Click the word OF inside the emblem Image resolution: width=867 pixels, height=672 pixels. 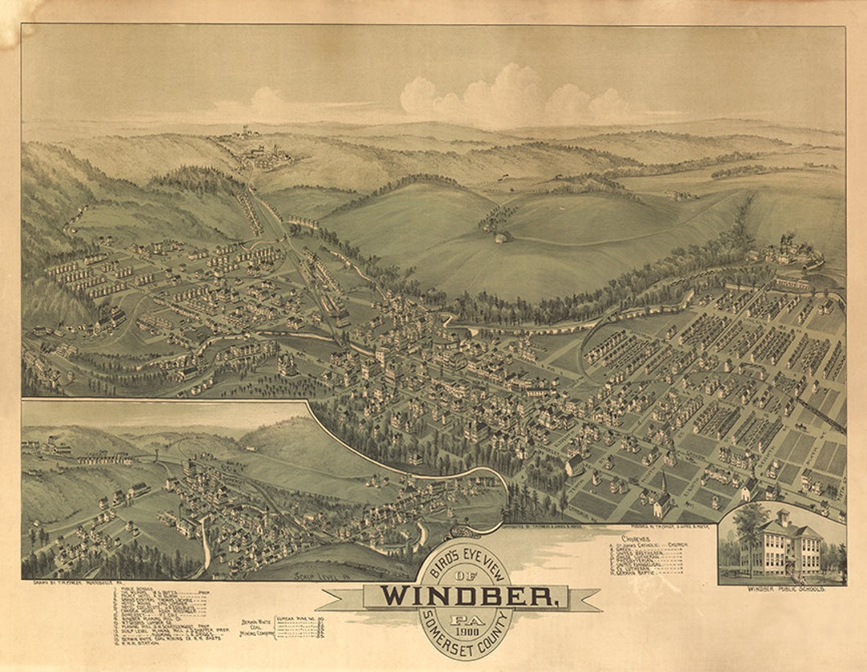tap(463, 575)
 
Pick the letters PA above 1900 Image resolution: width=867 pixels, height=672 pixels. tap(463, 618)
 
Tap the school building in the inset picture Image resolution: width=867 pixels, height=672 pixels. tap(783, 545)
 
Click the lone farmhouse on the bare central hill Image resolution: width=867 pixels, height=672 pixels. tap(502, 237)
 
